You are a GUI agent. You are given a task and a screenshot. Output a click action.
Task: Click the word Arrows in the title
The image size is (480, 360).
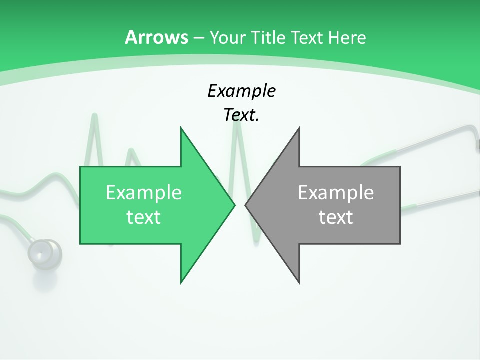[x=156, y=37]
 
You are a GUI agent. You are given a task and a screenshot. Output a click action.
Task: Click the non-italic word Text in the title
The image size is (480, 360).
[x=308, y=38]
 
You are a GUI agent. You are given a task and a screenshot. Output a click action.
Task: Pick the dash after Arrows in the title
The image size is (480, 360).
[x=198, y=38]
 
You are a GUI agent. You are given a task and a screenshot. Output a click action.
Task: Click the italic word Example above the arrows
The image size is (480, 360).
[x=241, y=91]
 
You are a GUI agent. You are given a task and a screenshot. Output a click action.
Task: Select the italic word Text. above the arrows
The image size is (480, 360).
[x=241, y=115]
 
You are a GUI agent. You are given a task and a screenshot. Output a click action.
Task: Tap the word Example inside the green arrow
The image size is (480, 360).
[x=143, y=193]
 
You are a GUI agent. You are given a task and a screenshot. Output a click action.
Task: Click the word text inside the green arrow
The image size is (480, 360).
[x=143, y=217]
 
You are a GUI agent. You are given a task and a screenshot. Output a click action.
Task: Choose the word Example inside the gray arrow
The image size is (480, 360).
[x=336, y=193]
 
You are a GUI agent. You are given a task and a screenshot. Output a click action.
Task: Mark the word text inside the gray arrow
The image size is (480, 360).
[x=336, y=217]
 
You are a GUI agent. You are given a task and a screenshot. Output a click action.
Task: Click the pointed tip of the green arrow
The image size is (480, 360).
[x=234, y=205]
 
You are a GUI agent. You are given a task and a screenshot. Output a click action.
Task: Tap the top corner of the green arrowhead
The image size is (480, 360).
[x=181, y=128]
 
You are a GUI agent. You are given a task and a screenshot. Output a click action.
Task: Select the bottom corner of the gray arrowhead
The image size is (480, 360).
[x=299, y=282]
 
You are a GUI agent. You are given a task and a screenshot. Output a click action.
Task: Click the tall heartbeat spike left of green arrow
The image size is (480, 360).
[x=94, y=120]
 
